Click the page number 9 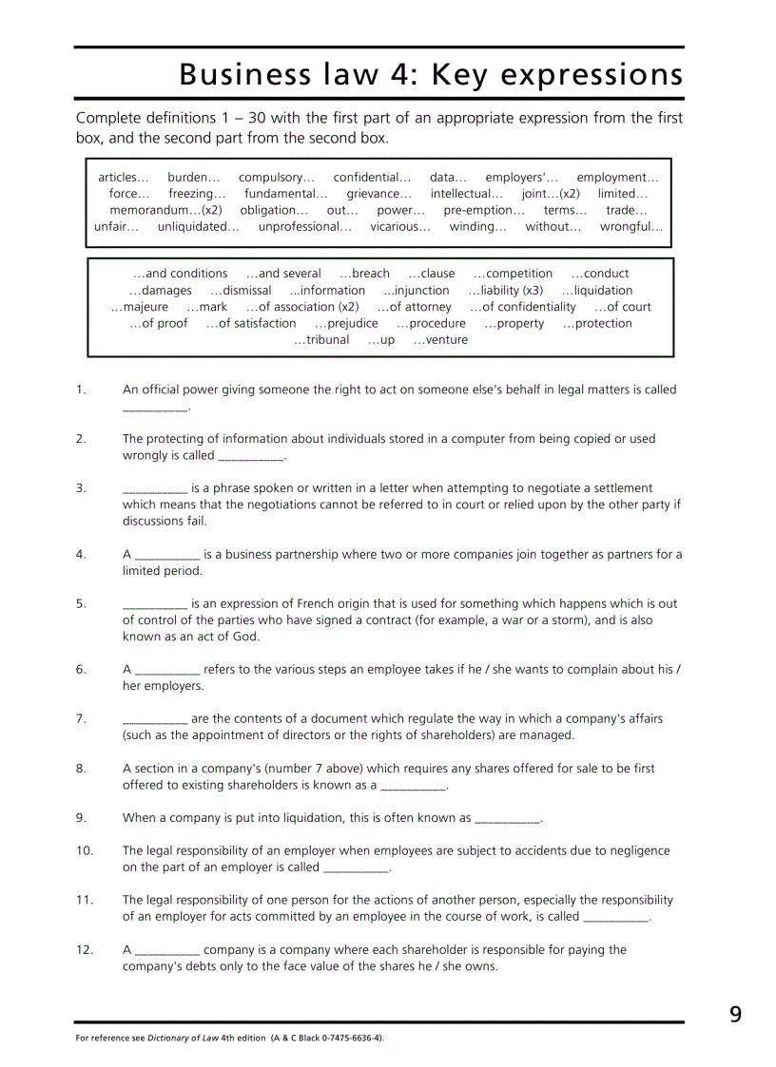[x=735, y=1015]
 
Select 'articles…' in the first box [x=124, y=178]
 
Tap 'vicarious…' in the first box [x=400, y=227]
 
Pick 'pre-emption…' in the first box [x=484, y=210]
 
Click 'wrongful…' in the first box [x=631, y=227]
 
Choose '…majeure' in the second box [x=140, y=307]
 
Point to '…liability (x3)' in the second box [x=506, y=291]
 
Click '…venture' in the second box [x=440, y=340]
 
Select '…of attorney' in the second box [x=414, y=307]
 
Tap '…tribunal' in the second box [x=321, y=340]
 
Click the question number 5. [x=81, y=603]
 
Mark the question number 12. [x=85, y=949]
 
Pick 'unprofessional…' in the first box [x=304, y=227]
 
